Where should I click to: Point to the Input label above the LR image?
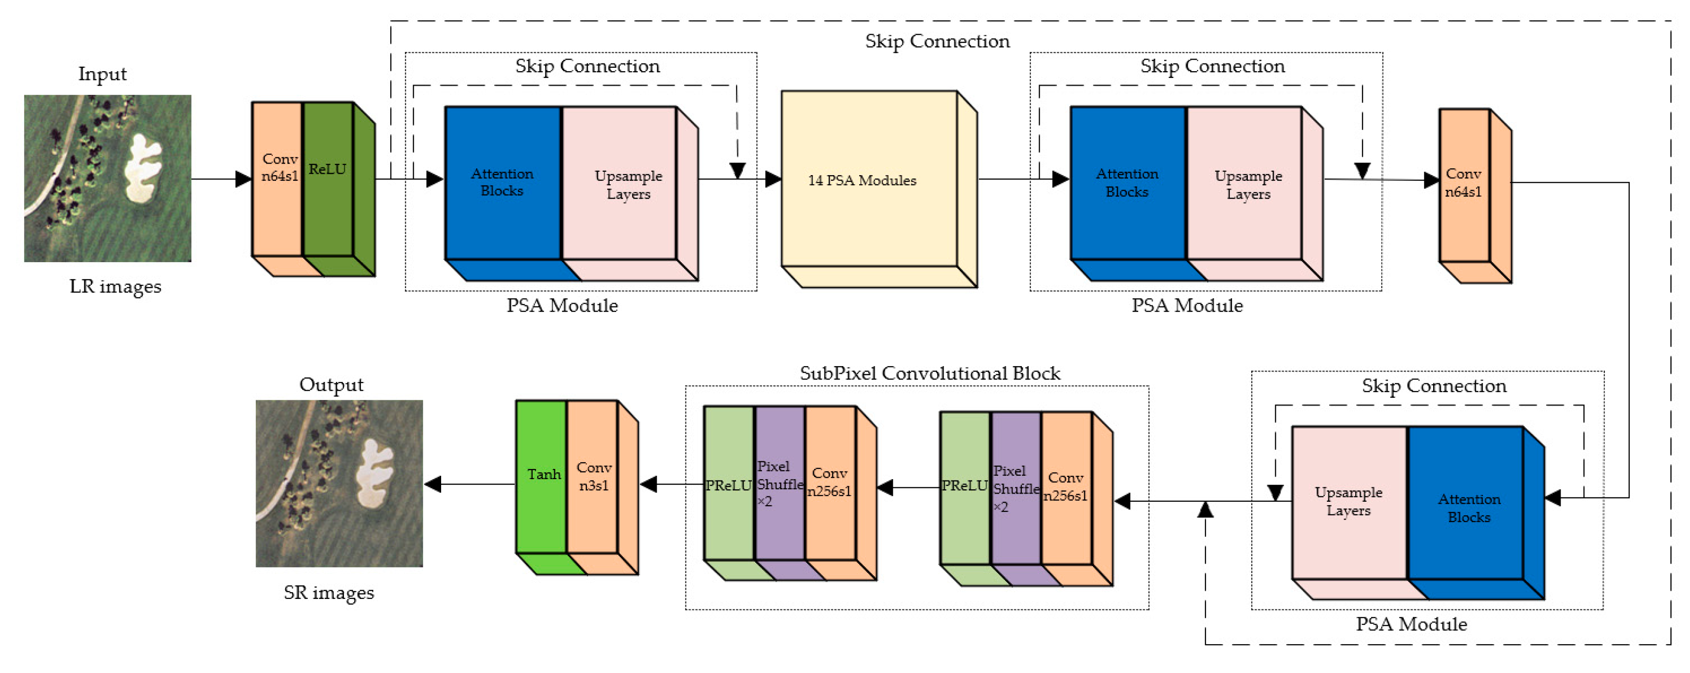click(x=102, y=74)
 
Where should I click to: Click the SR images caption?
click(x=329, y=592)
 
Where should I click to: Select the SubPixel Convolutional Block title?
click(x=929, y=373)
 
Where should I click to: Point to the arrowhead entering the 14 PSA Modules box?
click(x=773, y=178)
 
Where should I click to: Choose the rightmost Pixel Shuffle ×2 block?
click(x=1016, y=489)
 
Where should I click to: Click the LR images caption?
click(x=115, y=287)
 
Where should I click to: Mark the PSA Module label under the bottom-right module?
click(x=1411, y=624)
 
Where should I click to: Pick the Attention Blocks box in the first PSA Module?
click(x=503, y=183)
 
